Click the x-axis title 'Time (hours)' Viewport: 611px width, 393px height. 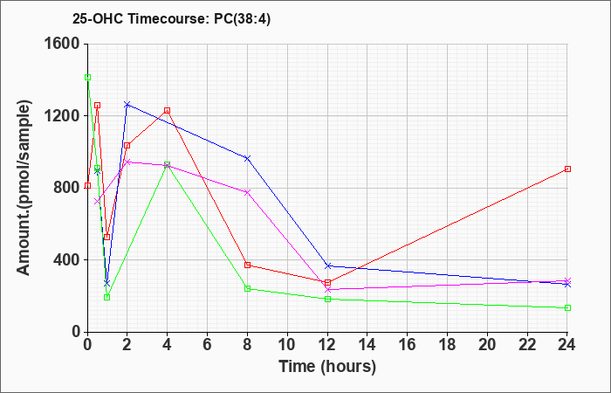327,367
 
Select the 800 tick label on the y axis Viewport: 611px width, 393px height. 65,188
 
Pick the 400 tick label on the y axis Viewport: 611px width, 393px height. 65,260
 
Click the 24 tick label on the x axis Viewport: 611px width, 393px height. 567,345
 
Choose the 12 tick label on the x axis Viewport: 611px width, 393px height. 327,345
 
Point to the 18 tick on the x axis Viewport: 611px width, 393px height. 447,345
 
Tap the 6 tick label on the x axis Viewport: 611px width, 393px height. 207,345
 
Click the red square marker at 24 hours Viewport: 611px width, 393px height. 567,169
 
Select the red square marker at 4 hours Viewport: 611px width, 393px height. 167,111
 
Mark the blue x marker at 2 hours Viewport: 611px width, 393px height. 127,105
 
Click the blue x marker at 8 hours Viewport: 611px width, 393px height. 247,158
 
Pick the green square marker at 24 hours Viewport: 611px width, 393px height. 567,307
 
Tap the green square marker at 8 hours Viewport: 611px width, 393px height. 247,288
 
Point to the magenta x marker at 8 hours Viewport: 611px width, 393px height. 247,192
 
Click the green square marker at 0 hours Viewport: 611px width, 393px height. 87,77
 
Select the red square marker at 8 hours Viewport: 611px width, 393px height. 247,265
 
